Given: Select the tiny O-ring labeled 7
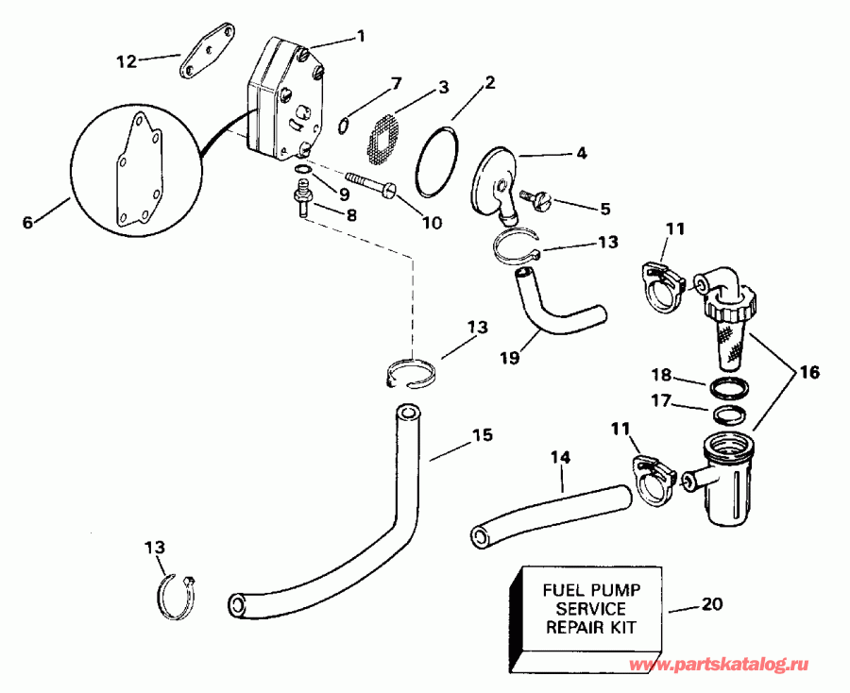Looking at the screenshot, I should click(344, 123).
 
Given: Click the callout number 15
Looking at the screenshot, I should click(482, 436).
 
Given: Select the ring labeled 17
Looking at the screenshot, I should click(727, 414).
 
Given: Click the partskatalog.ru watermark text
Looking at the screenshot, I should click(733, 666).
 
